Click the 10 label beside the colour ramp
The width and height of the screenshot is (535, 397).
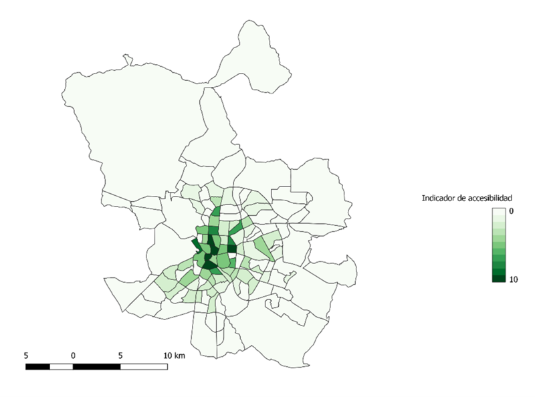[514, 279]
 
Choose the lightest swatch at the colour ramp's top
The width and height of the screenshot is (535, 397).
[499, 211]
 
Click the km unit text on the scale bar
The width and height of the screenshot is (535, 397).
[179, 355]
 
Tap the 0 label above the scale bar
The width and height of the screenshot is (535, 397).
[73, 355]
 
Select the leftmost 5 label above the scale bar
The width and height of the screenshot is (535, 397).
[25, 355]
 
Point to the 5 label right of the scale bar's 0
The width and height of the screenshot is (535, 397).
[120, 355]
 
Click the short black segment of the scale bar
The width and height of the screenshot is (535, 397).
[37, 366]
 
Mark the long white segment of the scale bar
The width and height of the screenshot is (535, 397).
[144, 366]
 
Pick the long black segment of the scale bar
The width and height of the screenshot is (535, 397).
[96, 366]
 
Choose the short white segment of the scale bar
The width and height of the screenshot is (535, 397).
[61, 366]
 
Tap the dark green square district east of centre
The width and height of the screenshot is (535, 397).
[232, 249]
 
